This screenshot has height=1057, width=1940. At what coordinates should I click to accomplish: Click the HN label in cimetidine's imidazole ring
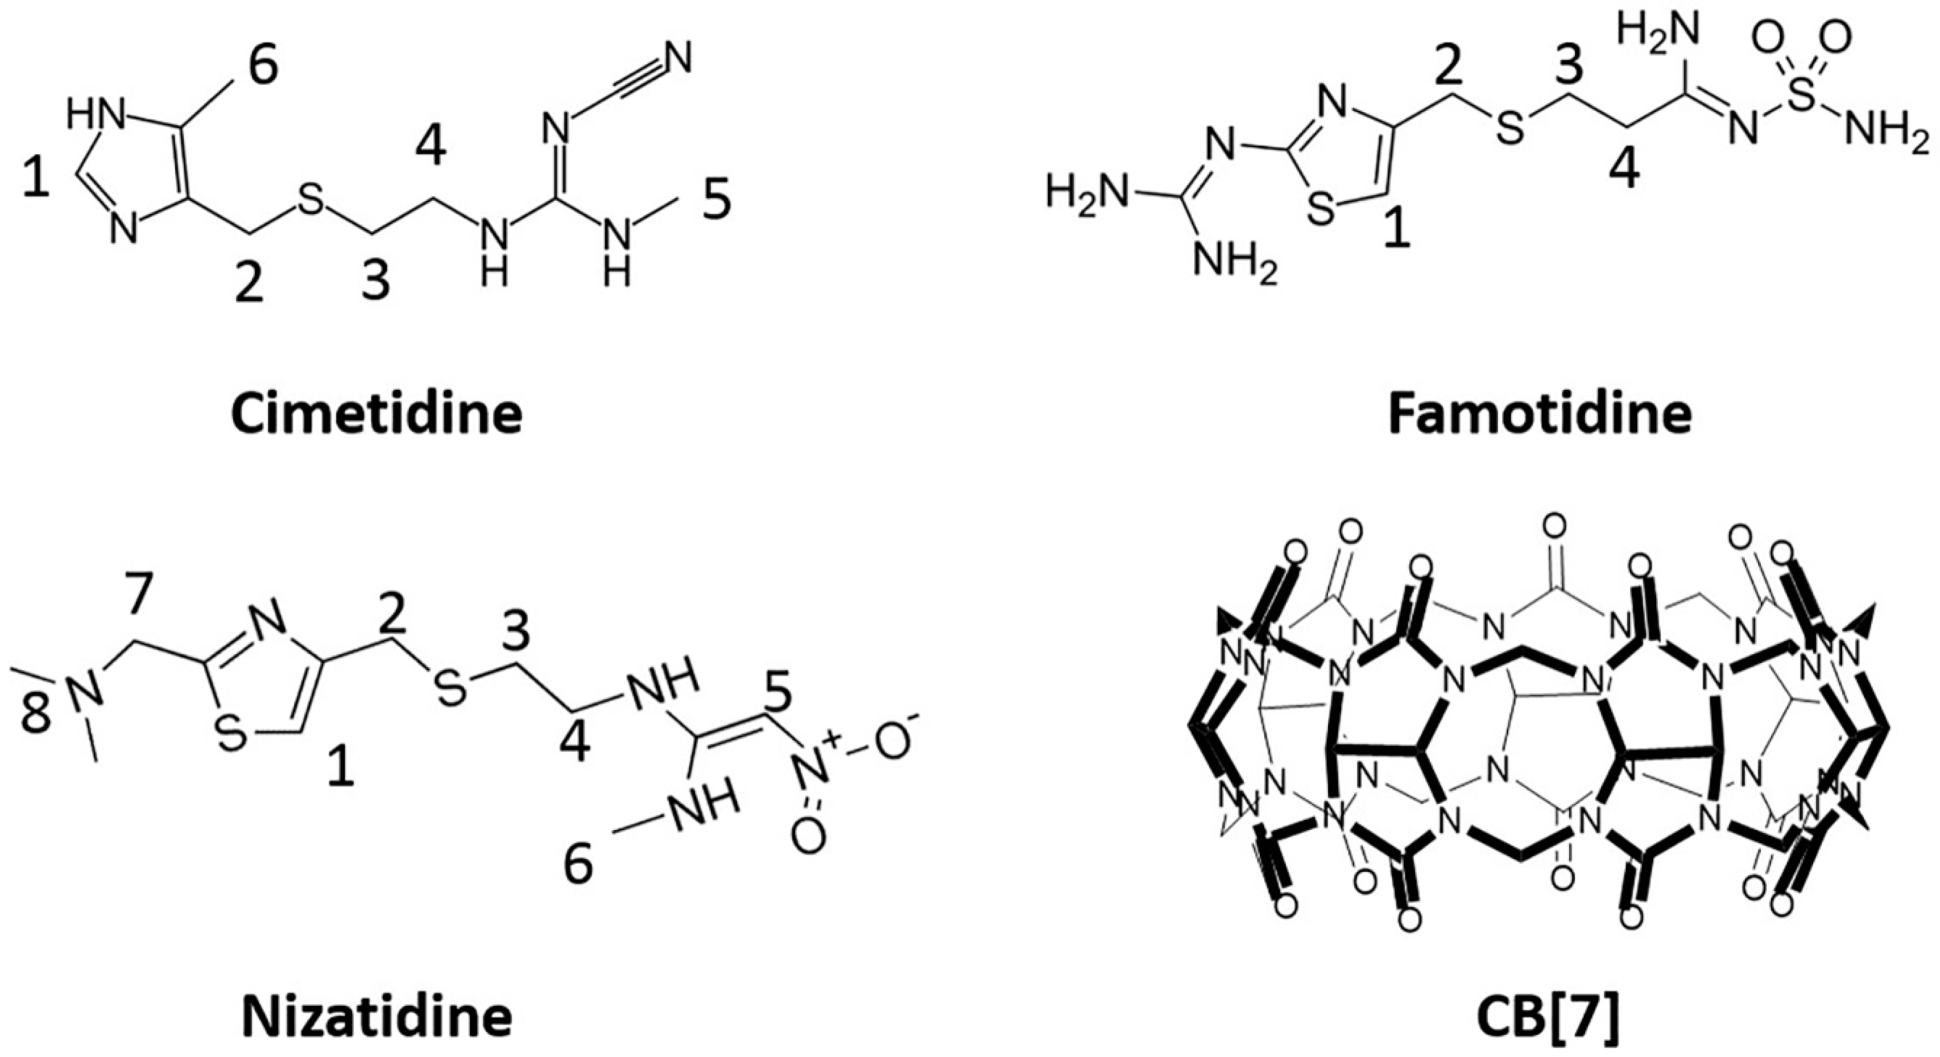coord(94,115)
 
